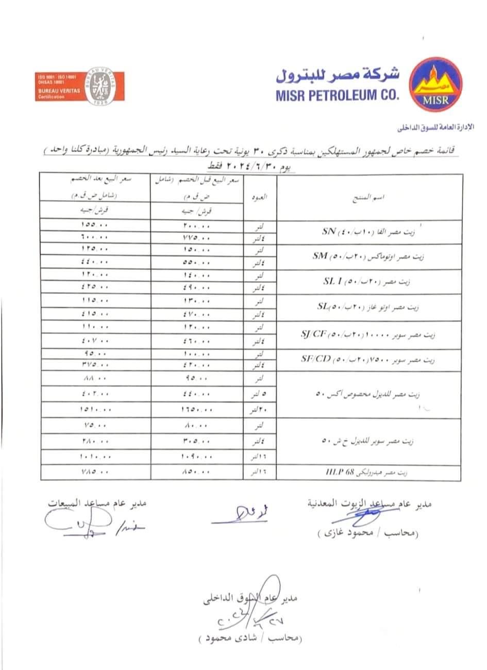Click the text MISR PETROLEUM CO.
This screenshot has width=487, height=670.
point(337,96)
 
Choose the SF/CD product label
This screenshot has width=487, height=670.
point(316,359)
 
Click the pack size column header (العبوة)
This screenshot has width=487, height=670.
point(260,197)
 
